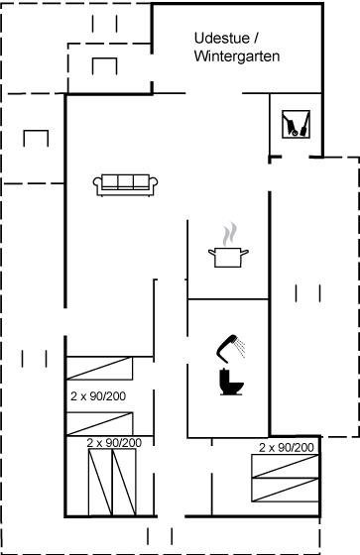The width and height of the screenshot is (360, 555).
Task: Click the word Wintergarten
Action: [x=237, y=56]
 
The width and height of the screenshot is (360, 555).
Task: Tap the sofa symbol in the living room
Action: [x=125, y=184]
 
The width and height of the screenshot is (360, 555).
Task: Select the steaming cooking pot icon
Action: [x=228, y=245]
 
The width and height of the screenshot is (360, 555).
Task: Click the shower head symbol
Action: [x=230, y=348]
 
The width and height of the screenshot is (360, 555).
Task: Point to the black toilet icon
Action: [x=231, y=382]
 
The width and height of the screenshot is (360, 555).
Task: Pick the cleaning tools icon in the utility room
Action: [x=296, y=124]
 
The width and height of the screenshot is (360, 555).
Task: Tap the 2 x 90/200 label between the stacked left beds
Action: [x=98, y=396]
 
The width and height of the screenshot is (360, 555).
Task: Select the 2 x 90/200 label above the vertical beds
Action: [x=114, y=442]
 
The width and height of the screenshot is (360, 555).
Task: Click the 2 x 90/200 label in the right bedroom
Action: [x=287, y=447]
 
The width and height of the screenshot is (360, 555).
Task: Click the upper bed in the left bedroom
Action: [x=99, y=368]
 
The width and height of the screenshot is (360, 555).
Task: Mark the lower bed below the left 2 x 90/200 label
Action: [x=99, y=424]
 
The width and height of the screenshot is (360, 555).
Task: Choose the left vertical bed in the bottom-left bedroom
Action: [x=100, y=482]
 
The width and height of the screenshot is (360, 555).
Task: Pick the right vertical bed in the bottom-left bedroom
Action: [x=124, y=482]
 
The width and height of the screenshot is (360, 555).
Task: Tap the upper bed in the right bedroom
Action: [x=286, y=466]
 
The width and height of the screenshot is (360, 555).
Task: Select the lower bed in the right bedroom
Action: [x=286, y=490]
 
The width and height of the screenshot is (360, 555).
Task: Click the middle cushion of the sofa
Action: [x=125, y=181]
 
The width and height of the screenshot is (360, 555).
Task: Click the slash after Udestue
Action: [x=256, y=38]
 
